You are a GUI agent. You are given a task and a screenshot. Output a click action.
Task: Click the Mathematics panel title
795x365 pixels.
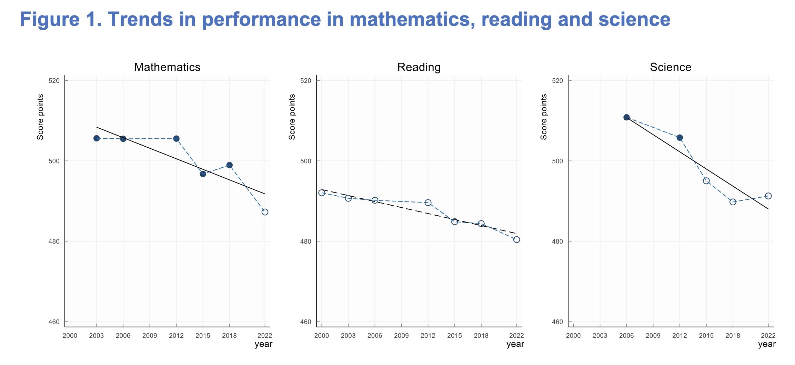[x=167, y=67]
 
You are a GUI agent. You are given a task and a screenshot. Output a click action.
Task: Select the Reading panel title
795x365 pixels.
[x=419, y=67]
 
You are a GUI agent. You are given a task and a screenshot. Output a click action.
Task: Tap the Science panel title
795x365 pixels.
[x=671, y=67]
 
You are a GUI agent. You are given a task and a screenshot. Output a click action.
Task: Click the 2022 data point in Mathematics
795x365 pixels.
[x=265, y=212]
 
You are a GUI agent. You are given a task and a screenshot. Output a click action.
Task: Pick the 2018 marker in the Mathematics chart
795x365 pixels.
[x=229, y=165]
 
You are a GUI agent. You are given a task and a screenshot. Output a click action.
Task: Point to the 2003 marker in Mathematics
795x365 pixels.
[x=97, y=138]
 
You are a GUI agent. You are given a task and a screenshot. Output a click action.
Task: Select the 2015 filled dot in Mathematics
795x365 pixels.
[x=203, y=174]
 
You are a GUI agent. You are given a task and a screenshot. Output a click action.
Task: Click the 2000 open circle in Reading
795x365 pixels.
[x=322, y=193]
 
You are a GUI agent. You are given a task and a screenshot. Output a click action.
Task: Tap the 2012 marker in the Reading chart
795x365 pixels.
[x=428, y=203]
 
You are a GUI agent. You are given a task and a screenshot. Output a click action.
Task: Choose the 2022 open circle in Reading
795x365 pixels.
[x=516, y=240]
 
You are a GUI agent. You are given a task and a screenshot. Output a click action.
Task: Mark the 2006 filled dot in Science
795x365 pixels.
[x=626, y=117]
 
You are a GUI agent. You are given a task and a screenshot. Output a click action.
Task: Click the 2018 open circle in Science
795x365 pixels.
[x=733, y=202]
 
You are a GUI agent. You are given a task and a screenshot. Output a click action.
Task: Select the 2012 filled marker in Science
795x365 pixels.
[x=680, y=138]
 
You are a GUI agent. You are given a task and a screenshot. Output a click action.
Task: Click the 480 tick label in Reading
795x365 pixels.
[x=306, y=241]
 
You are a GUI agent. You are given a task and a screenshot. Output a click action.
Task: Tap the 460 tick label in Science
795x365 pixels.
[x=557, y=322]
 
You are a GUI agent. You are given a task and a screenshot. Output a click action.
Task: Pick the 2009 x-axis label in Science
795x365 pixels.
[x=653, y=336]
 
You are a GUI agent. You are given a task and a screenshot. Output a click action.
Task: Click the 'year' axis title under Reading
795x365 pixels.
[x=515, y=344]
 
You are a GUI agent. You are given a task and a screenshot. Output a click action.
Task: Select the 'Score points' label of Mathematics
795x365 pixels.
[x=40, y=117]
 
